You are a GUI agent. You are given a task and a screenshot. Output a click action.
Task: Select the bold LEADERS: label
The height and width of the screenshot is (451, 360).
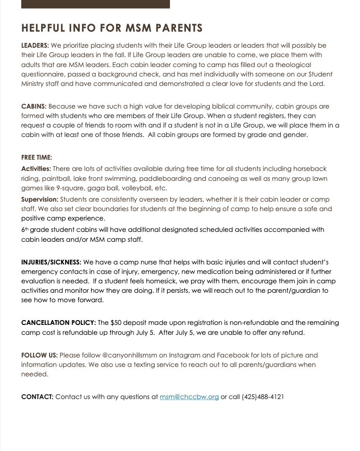click(35, 46)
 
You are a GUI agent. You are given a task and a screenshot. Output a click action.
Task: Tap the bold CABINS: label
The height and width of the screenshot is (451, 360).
click(33, 106)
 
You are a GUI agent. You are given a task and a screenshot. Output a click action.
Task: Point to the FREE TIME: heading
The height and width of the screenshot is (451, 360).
click(36, 157)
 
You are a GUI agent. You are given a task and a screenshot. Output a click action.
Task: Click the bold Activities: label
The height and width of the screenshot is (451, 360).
click(36, 169)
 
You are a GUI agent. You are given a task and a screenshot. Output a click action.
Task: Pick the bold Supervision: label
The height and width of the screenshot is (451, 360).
click(40, 199)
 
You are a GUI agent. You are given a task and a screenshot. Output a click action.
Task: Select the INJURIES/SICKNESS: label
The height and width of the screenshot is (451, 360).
click(51, 262)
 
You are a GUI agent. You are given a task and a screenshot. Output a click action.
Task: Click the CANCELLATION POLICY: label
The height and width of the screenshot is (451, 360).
click(59, 323)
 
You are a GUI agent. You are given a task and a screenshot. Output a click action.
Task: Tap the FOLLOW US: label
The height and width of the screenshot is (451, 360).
click(39, 355)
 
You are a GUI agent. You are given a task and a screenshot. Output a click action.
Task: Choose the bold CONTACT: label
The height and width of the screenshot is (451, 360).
click(37, 397)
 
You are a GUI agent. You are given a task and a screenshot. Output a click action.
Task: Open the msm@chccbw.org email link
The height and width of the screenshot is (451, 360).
click(189, 397)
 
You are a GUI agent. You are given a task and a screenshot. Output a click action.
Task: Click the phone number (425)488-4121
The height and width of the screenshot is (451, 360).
click(263, 397)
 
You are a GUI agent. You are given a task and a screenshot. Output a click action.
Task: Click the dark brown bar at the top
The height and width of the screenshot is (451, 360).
click(95, 4)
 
